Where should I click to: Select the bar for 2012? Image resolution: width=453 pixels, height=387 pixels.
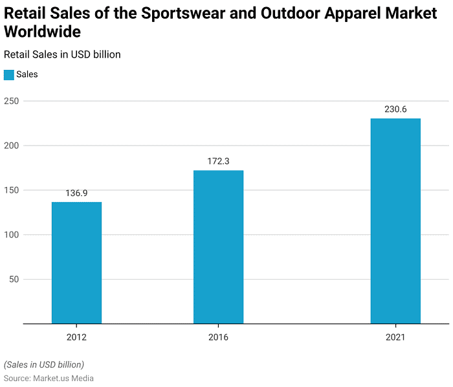coord(76,263)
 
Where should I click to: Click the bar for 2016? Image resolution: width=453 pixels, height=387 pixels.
coord(218,247)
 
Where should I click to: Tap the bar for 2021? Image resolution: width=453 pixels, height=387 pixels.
coord(395,221)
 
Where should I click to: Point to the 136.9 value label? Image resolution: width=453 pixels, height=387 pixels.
coord(76,193)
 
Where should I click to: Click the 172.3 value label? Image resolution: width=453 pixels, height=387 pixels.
coord(218,161)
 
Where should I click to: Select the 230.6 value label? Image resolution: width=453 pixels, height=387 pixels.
coord(395,109)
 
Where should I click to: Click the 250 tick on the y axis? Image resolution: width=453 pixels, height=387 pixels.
coord(11,101)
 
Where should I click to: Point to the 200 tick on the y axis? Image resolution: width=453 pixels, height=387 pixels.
coord(11,146)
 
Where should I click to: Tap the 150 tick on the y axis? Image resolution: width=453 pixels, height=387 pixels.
coord(11,190)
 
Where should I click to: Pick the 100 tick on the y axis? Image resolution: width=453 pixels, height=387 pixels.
coord(11,235)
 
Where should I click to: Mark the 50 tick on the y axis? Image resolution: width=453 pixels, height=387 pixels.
coord(13,280)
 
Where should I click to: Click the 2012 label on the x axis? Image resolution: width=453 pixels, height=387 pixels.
coord(76,337)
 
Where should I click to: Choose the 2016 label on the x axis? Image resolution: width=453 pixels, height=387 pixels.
coord(218,337)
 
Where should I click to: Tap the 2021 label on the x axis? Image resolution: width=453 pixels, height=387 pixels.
coord(395,337)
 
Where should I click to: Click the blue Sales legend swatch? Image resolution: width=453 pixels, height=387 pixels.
coord(9,74)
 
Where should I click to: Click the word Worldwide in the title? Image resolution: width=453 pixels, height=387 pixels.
coord(42,32)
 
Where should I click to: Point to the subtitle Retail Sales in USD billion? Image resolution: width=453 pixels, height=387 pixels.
coord(62,54)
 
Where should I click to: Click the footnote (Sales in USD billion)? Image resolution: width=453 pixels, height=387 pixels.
coord(44,364)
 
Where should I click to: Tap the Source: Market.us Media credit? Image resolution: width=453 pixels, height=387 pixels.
coord(49,378)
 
